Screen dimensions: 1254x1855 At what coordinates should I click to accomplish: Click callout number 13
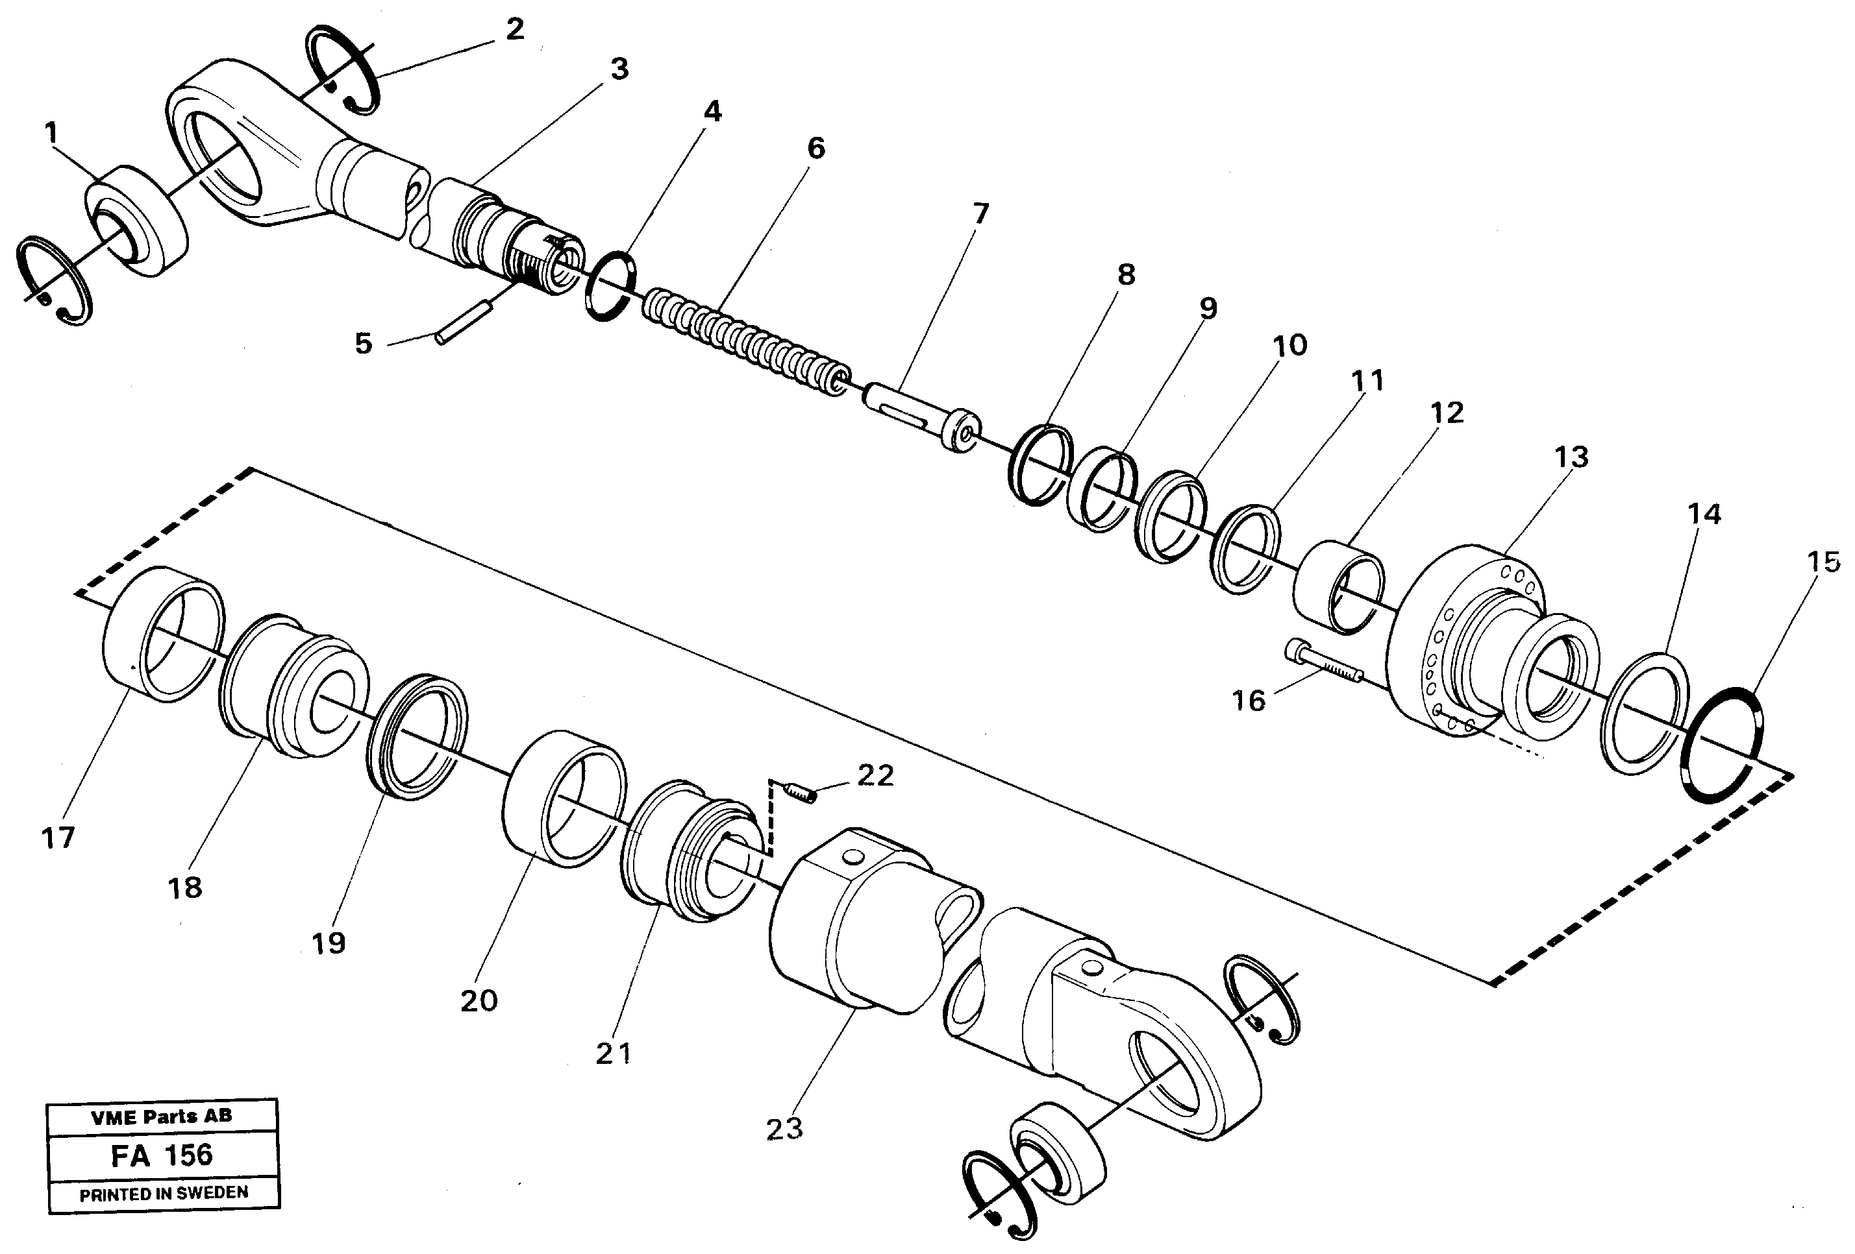click(1571, 458)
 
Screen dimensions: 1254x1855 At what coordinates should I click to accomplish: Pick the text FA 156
click(163, 1156)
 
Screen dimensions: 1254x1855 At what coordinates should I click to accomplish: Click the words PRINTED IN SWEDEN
click(164, 1194)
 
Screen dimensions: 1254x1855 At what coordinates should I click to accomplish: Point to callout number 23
click(784, 1129)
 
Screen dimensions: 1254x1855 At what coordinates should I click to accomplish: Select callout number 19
click(328, 944)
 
